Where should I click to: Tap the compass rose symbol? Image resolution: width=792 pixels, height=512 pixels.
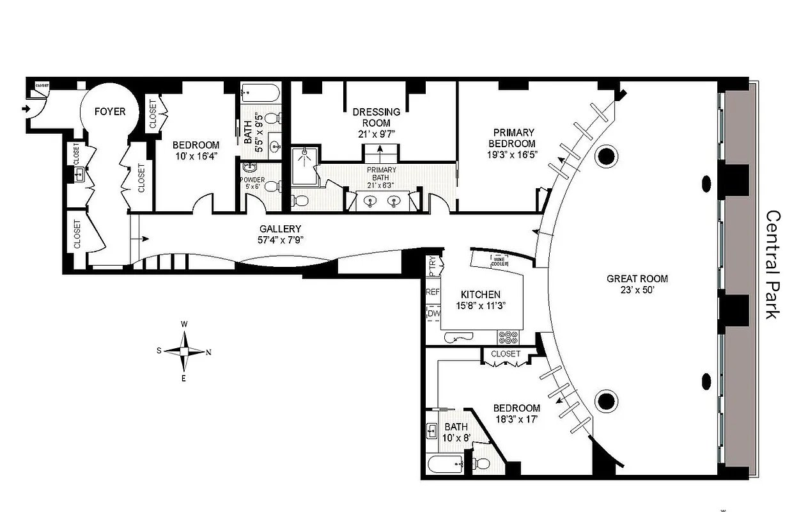[x=184, y=351]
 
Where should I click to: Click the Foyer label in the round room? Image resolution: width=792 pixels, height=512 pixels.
[x=110, y=111]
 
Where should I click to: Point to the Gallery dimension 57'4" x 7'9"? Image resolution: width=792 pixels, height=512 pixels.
[x=280, y=240]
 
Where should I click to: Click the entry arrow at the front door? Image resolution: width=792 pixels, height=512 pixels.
[x=26, y=109]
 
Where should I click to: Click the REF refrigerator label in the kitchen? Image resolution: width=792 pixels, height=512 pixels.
[x=433, y=292]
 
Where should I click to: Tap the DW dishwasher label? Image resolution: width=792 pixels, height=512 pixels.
[x=433, y=314]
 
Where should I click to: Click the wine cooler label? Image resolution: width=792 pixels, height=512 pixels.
[x=499, y=260]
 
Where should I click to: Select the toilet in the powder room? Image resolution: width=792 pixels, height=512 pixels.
[x=270, y=187]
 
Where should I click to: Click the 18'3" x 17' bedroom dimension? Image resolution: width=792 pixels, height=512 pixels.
[x=516, y=420]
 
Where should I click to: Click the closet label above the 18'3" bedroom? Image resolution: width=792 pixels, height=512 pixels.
[x=506, y=354]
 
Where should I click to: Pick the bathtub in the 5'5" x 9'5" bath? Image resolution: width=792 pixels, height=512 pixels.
[x=261, y=94]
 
